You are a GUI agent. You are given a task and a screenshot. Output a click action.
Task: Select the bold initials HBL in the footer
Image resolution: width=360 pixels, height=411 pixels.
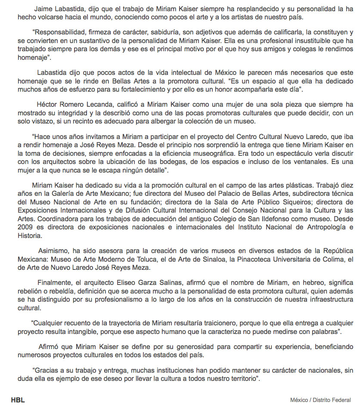tap(18, 400)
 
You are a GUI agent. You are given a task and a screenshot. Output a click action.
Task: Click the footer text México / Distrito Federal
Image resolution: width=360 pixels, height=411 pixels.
tap(320, 400)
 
